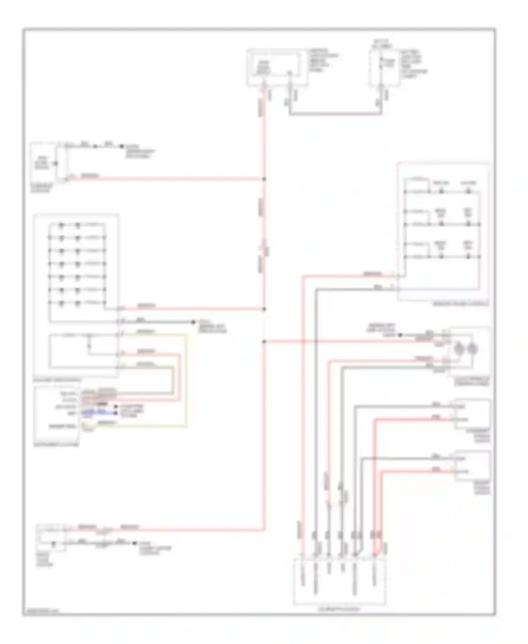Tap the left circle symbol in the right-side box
pyautogui.click(x=459, y=349)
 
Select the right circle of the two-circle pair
pyautogui.click(x=472, y=349)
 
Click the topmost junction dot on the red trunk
pyautogui.click(x=264, y=179)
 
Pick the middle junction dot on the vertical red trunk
pyautogui.click(x=264, y=309)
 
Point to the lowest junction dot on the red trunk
pyautogui.click(x=264, y=341)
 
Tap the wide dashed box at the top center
pyautogui.click(x=274, y=67)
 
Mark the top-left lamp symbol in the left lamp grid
pyautogui.click(x=62, y=225)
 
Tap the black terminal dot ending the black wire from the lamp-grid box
pyautogui.click(x=193, y=322)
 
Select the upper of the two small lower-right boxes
pyautogui.click(x=472, y=414)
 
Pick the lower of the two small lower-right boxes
pyautogui.click(x=472, y=465)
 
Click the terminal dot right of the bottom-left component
pyautogui.click(x=134, y=543)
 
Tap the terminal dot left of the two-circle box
pyautogui.click(x=400, y=335)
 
